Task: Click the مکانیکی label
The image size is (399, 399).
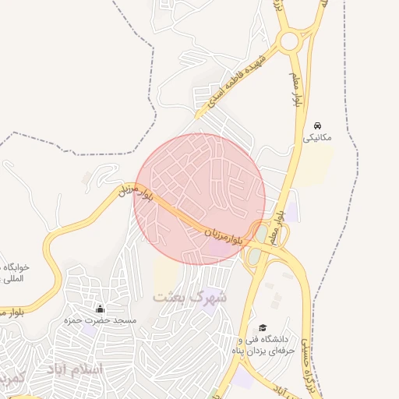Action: tap(317, 137)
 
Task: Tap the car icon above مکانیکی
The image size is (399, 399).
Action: tap(317, 125)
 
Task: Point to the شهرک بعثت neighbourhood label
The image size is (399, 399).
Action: tap(189, 297)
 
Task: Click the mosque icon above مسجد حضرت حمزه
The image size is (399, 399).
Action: tap(99, 309)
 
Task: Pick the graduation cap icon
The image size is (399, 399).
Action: tap(263, 328)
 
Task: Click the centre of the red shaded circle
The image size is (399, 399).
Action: tap(200, 199)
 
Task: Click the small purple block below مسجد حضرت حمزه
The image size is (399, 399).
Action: tap(90, 331)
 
